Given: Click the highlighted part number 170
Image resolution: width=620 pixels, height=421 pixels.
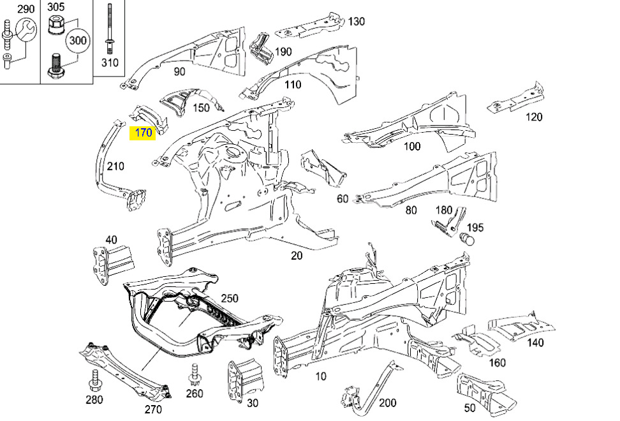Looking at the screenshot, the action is coord(143,133).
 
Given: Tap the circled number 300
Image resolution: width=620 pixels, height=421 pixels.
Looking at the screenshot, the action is coord(78,40).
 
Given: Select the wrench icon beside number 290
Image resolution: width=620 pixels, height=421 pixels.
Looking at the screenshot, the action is coord(26,29).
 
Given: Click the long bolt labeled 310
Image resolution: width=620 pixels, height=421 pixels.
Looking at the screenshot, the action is coord(109,29).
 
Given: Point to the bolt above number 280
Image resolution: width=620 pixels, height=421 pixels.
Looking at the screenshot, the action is coord(95,379).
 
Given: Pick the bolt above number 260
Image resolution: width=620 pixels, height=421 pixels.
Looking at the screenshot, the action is coord(194,374).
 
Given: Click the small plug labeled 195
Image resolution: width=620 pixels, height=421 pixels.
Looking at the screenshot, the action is coord(468,239).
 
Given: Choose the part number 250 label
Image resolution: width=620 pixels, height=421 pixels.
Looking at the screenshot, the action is coord(230,298).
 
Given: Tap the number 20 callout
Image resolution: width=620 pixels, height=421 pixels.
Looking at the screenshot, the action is coord(296,256).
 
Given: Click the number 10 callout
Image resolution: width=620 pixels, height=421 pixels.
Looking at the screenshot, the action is coord(321,376).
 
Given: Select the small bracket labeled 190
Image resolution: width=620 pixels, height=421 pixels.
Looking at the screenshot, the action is coord(262,49).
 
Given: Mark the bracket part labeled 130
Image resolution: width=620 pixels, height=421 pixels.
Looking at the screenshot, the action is coord(309,27).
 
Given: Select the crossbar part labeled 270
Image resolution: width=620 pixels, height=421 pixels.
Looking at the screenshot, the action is coord(126,370).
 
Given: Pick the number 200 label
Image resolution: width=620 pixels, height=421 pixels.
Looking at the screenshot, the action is coord(388,403).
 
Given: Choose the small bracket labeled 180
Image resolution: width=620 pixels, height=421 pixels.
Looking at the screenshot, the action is coord(449,222).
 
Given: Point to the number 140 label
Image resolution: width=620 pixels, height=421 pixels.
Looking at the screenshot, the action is coord(535,343).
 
